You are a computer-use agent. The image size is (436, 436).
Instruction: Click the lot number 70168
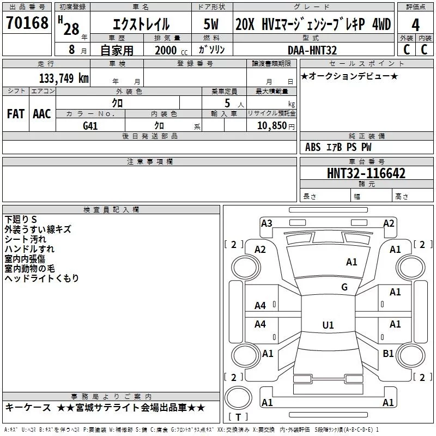pos(27,23)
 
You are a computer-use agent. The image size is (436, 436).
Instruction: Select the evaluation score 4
pos(415,25)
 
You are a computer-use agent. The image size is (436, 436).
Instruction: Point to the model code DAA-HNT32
pos(312,50)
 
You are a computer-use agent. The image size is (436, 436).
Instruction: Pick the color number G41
pos(90,125)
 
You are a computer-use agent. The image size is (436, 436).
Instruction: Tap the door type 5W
pos(212,25)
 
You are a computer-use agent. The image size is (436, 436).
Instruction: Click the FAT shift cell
pos(15,114)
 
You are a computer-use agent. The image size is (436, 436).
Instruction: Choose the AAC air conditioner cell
pos(42,114)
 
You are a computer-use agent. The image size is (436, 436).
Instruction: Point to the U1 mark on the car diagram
pos(328,325)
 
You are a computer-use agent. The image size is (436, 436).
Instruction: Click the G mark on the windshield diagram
pos(344,287)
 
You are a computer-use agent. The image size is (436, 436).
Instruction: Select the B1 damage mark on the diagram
pos(388,354)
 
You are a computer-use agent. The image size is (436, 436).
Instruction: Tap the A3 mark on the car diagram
pos(267,223)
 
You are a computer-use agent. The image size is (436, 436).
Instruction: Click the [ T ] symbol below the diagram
pos(238,418)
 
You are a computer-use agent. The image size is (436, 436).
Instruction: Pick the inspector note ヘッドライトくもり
pos(41,278)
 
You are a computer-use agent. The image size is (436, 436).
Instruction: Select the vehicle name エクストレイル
pos(141,25)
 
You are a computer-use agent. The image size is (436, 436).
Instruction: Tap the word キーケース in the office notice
pos(28,408)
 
